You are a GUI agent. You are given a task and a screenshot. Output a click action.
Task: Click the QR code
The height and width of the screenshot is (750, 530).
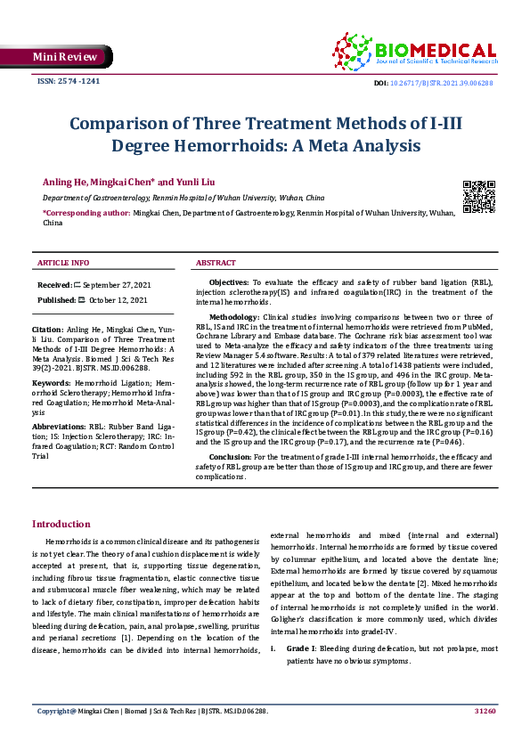478,195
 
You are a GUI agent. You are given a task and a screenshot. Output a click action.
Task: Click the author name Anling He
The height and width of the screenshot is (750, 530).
65,181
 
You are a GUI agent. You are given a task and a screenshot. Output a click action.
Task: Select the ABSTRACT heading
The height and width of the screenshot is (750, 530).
216,263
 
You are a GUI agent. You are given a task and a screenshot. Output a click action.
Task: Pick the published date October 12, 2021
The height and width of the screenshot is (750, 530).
118,300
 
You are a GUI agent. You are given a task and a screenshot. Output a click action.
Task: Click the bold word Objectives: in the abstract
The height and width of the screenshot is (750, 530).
229,281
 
